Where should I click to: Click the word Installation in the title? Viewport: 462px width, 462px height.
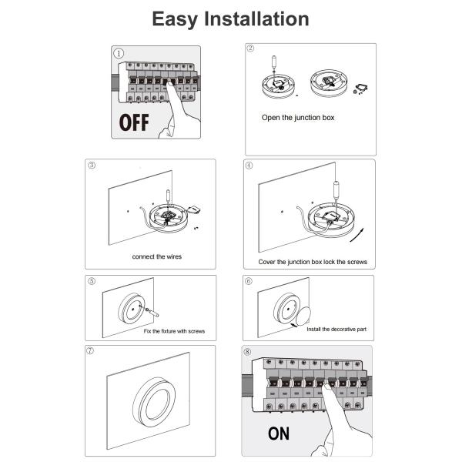[x=256, y=18]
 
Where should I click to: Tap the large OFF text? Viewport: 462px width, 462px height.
[x=134, y=122]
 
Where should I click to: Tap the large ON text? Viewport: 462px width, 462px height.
[x=279, y=434]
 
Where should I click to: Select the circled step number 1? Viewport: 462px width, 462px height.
[x=119, y=53]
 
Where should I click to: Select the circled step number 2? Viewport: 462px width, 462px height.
[x=250, y=48]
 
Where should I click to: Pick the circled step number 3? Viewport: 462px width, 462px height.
[x=92, y=165]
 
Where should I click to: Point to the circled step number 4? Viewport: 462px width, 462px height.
[x=249, y=166]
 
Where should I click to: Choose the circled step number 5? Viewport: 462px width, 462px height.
[x=92, y=281]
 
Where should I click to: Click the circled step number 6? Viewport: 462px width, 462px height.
[x=249, y=281]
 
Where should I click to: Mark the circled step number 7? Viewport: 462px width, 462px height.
[x=90, y=350]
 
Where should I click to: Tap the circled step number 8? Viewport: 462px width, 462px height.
[x=247, y=352]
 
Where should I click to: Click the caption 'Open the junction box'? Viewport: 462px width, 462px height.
[x=298, y=118]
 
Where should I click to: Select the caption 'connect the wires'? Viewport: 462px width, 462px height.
[x=157, y=256]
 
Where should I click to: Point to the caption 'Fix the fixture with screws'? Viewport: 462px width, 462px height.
[x=174, y=331]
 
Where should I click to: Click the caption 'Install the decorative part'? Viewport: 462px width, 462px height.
[x=336, y=329]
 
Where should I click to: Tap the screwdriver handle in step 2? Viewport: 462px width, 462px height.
[x=274, y=62]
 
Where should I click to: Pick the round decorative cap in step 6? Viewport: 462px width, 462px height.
[x=303, y=316]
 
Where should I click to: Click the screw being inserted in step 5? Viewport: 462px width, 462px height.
[x=152, y=313]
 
